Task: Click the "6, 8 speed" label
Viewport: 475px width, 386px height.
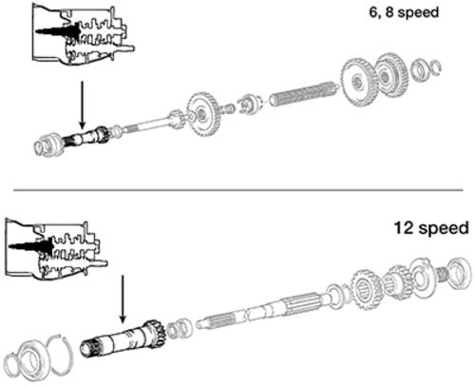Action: point(404,12)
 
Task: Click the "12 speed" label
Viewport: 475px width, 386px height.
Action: point(431,228)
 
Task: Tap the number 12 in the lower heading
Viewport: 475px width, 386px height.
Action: point(404,227)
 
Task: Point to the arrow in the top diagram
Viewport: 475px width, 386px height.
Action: point(82,106)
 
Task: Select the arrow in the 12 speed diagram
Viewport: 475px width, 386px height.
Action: point(123,299)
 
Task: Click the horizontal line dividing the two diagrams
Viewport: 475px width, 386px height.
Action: point(237,190)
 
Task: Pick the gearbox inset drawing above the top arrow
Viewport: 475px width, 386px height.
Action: point(83,34)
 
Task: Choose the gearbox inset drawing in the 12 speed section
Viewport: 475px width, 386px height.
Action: point(56,250)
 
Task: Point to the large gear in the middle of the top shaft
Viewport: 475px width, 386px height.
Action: point(202,114)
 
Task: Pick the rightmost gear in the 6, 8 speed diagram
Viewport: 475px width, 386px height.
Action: point(391,75)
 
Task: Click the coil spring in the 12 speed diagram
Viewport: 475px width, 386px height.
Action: point(443,274)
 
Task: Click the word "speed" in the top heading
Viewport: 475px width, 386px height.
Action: point(418,13)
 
